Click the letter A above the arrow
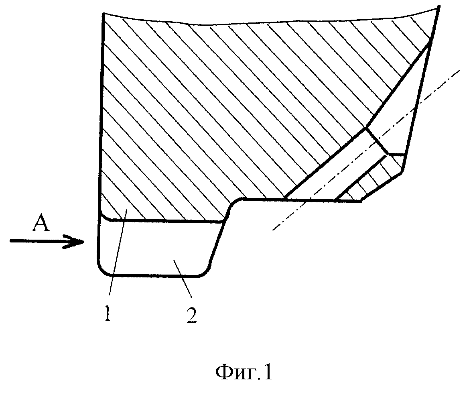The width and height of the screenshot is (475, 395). click(x=41, y=224)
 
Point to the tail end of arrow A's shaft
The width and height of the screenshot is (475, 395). click(x=10, y=241)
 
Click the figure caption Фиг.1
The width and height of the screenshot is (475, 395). click(x=244, y=373)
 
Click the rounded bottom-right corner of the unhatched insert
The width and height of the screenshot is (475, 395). click(x=203, y=272)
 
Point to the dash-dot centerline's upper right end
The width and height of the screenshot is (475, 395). click(x=460, y=70)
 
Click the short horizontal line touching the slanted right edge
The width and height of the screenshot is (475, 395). click(x=396, y=155)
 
